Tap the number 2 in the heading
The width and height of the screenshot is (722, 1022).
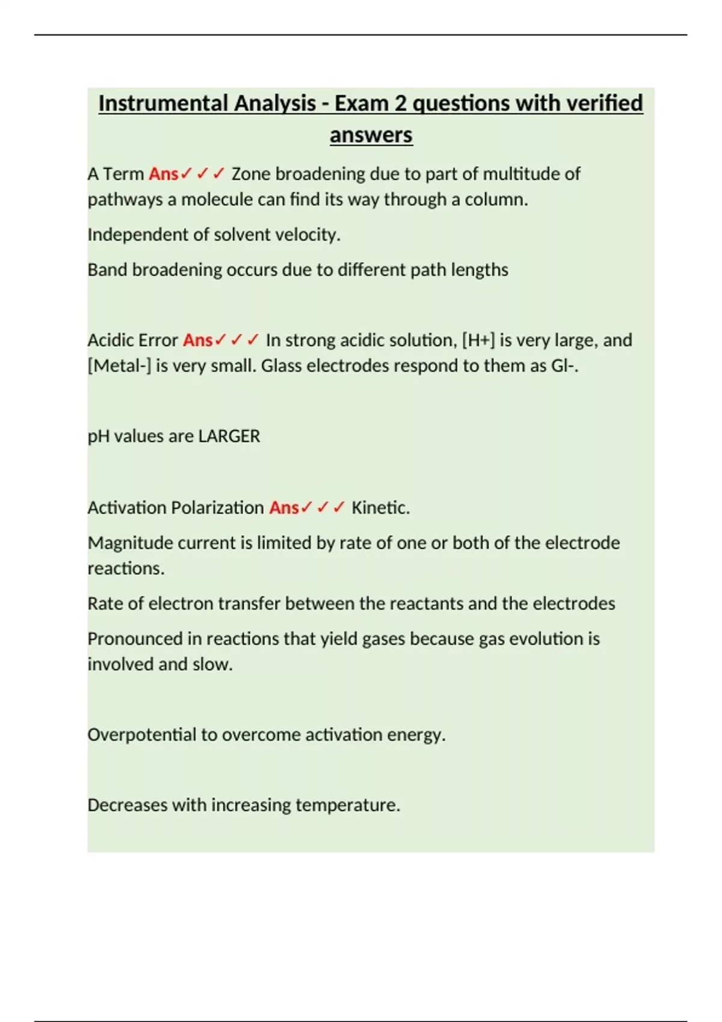click(400, 103)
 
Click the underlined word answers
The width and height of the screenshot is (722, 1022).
click(371, 135)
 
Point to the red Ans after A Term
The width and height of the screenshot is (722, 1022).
click(163, 174)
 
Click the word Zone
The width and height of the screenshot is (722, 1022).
click(251, 174)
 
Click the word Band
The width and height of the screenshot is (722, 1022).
click(107, 270)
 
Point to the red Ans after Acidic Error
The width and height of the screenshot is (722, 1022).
click(197, 340)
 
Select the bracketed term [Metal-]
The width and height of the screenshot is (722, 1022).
click(119, 366)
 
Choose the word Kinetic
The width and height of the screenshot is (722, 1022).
click(380, 507)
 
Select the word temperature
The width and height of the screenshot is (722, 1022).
click(347, 805)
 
